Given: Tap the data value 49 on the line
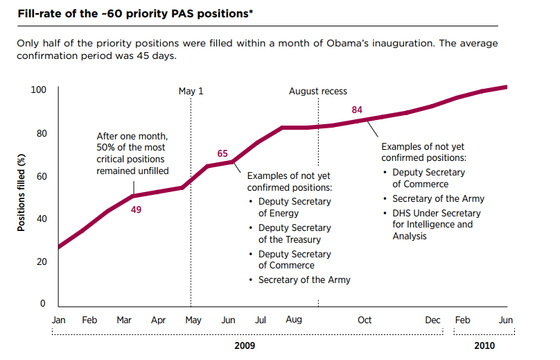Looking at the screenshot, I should [137, 209].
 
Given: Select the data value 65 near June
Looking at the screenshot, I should [222, 153].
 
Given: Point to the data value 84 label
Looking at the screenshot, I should [358, 110].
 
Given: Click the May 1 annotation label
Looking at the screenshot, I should [191, 91].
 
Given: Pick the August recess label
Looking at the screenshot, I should [318, 91].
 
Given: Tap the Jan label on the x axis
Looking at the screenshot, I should [59, 320].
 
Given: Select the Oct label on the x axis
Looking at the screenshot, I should [365, 320].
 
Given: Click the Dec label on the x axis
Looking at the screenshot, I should [432, 320].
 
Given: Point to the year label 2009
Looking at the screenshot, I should [245, 345].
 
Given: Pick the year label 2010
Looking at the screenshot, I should [484, 345].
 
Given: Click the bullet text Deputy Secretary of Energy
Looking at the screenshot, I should [295, 207].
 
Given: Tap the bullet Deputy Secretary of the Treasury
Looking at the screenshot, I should [295, 234].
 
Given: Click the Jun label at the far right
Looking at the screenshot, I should [506, 320].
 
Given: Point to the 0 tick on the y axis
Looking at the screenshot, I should [43, 305].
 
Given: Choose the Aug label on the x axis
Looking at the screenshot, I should [294, 320].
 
